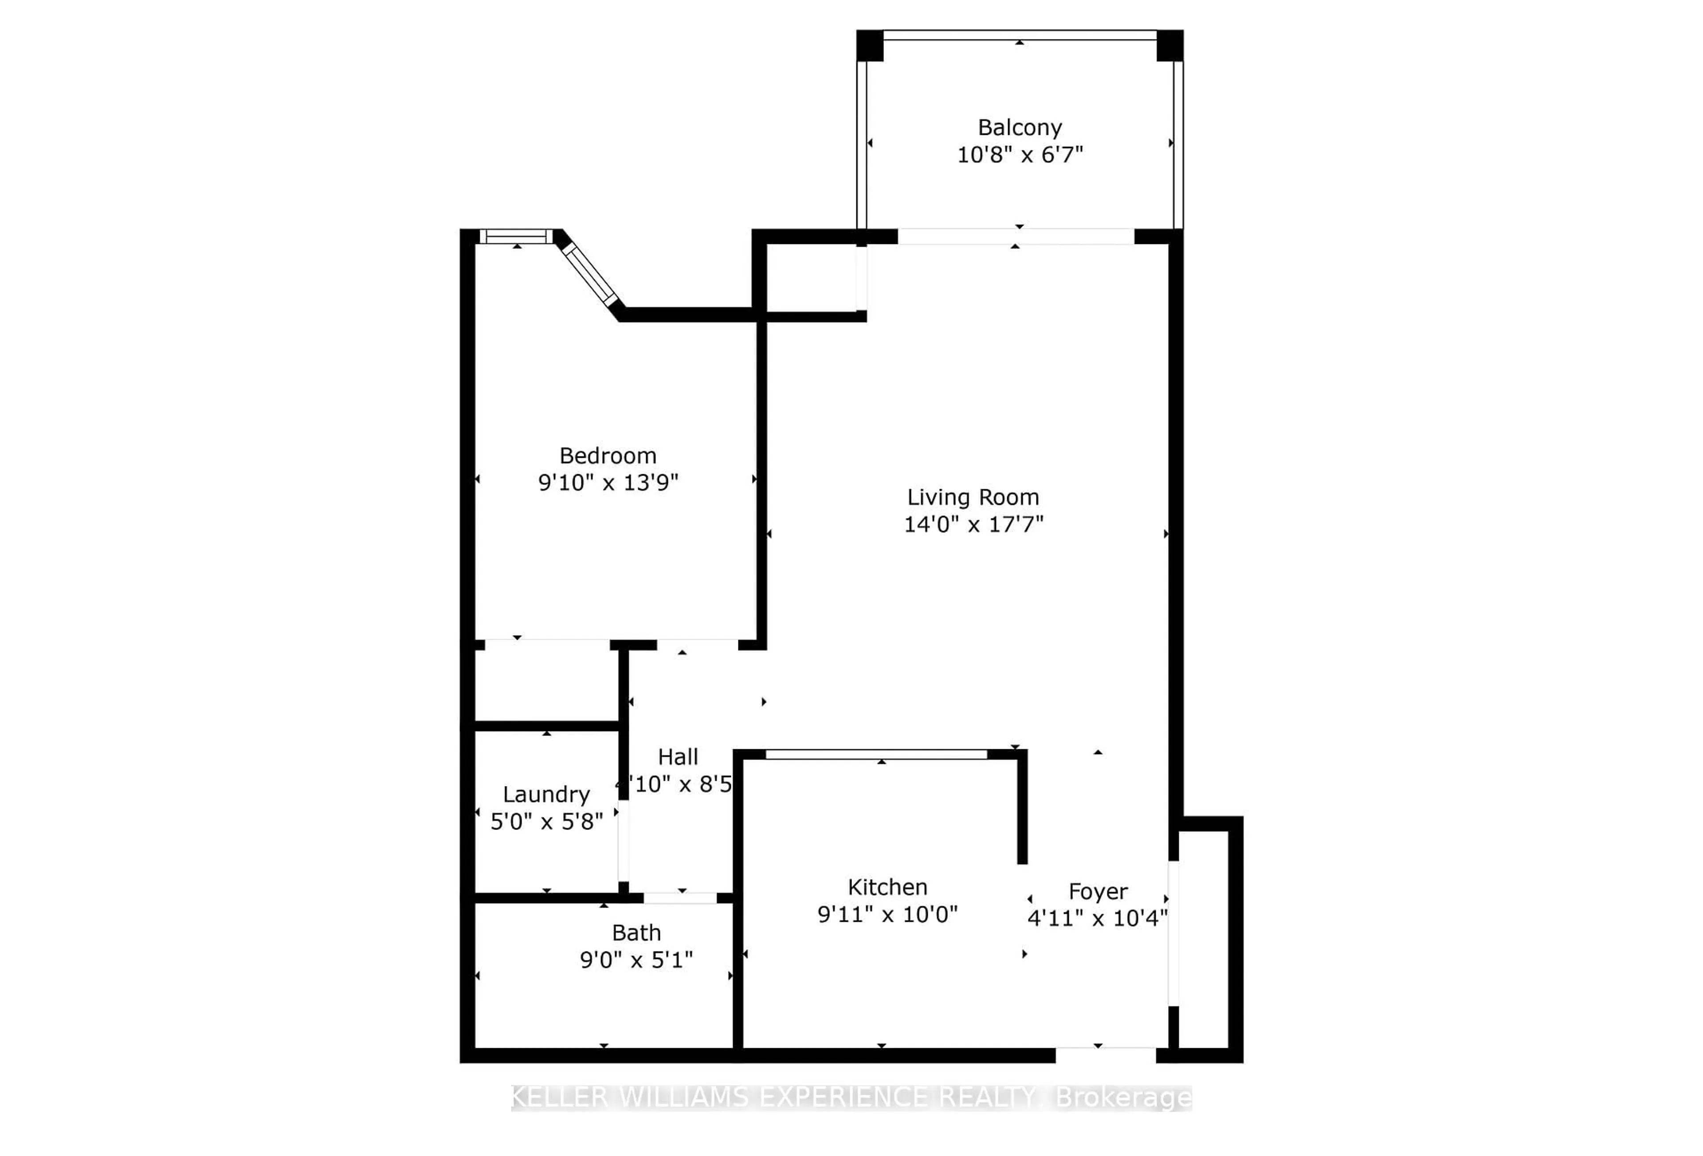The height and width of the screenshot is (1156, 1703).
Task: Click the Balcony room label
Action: tap(1019, 128)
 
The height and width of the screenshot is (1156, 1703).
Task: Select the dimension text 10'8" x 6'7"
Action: tap(1019, 155)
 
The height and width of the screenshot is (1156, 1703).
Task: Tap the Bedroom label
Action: tap(608, 456)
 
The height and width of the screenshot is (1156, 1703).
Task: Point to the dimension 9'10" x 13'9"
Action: tap(608, 482)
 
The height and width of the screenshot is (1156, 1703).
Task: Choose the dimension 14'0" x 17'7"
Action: tap(973, 524)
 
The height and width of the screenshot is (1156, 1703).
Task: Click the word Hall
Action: tap(678, 756)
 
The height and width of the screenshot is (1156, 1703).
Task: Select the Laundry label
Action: tap(546, 794)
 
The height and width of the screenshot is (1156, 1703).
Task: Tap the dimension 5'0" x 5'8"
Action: tap(546, 822)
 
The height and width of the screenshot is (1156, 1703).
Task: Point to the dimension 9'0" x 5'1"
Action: tap(636, 959)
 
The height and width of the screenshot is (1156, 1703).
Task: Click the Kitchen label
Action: tap(887, 887)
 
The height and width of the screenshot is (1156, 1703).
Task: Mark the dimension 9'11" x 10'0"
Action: tap(887, 914)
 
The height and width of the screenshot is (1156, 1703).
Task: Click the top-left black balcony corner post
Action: tap(870, 45)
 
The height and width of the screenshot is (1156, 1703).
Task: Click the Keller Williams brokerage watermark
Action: tap(851, 1097)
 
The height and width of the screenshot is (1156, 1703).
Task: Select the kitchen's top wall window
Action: tap(876, 754)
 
